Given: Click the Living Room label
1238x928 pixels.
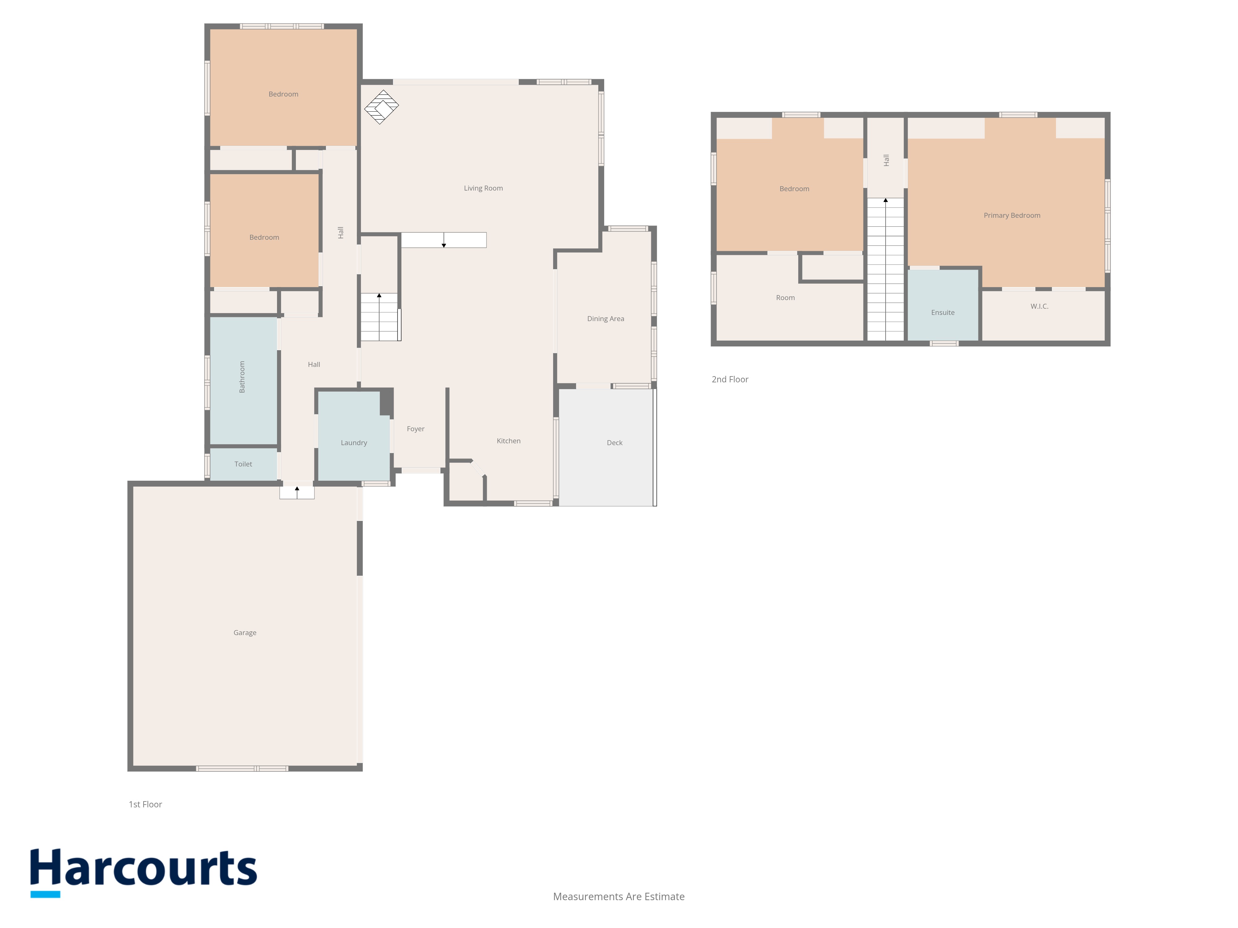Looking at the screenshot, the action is pyautogui.click(x=483, y=188).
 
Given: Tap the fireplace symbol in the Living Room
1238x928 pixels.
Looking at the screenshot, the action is pyautogui.click(x=381, y=107).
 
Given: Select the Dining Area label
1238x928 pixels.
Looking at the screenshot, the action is pyautogui.click(x=606, y=319).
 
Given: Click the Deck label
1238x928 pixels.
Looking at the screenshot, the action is pyautogui.click(x=615, y=442).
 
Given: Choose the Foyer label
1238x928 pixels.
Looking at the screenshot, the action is pyautogui.click(x=415, y=429).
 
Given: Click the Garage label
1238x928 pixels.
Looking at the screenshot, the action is pyautogui.click(x=245, y=633).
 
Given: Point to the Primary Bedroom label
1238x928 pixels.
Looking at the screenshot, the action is pyautogui.click(x=1012, y=215).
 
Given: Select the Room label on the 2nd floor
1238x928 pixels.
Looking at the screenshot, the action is pyautogui.click(x=785, y=298).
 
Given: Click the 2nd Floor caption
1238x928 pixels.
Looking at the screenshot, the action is pyautogui.click(x=730, y=379).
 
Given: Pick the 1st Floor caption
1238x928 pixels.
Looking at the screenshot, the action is pyautogui.click(x=145, y=804).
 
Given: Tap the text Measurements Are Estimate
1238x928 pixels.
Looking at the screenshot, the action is pyautogui.click(x=618, y=897).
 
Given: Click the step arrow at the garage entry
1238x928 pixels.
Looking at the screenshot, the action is pyautogui.click(x=297, y=492).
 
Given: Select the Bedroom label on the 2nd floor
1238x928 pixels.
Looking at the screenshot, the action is pyautogui.click(x=794, y=188).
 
